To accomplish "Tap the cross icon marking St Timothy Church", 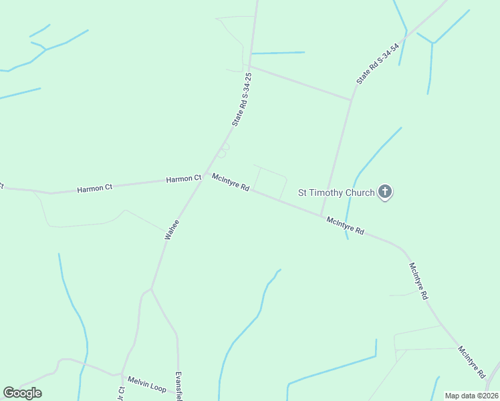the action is (384, 192).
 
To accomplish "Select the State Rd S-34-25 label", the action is (242, 100).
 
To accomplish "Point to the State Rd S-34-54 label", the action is (378, 63).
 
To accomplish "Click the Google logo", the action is (22, 393).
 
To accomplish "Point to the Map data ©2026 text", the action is (471, 396).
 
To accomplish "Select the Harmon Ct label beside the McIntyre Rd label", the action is (184, 178).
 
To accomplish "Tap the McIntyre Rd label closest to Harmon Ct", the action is (231, 182).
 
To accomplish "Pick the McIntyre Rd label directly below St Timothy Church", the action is (345, 225).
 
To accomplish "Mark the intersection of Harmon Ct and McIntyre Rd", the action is (205, 177).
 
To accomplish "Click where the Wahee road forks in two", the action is (152, 289).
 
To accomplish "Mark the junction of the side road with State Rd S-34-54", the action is (352, 101).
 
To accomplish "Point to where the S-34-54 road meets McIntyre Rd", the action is (322, 215).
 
